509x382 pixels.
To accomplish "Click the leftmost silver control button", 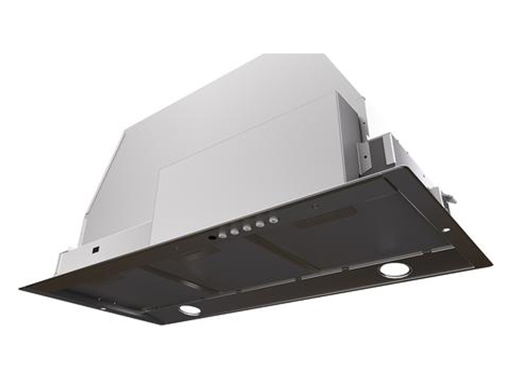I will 223,235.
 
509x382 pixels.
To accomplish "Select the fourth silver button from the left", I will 260,223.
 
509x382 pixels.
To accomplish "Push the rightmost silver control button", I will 274,220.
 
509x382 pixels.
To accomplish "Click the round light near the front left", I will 189,309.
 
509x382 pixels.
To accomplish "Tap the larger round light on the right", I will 394,269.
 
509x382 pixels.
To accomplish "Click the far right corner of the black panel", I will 491,262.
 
